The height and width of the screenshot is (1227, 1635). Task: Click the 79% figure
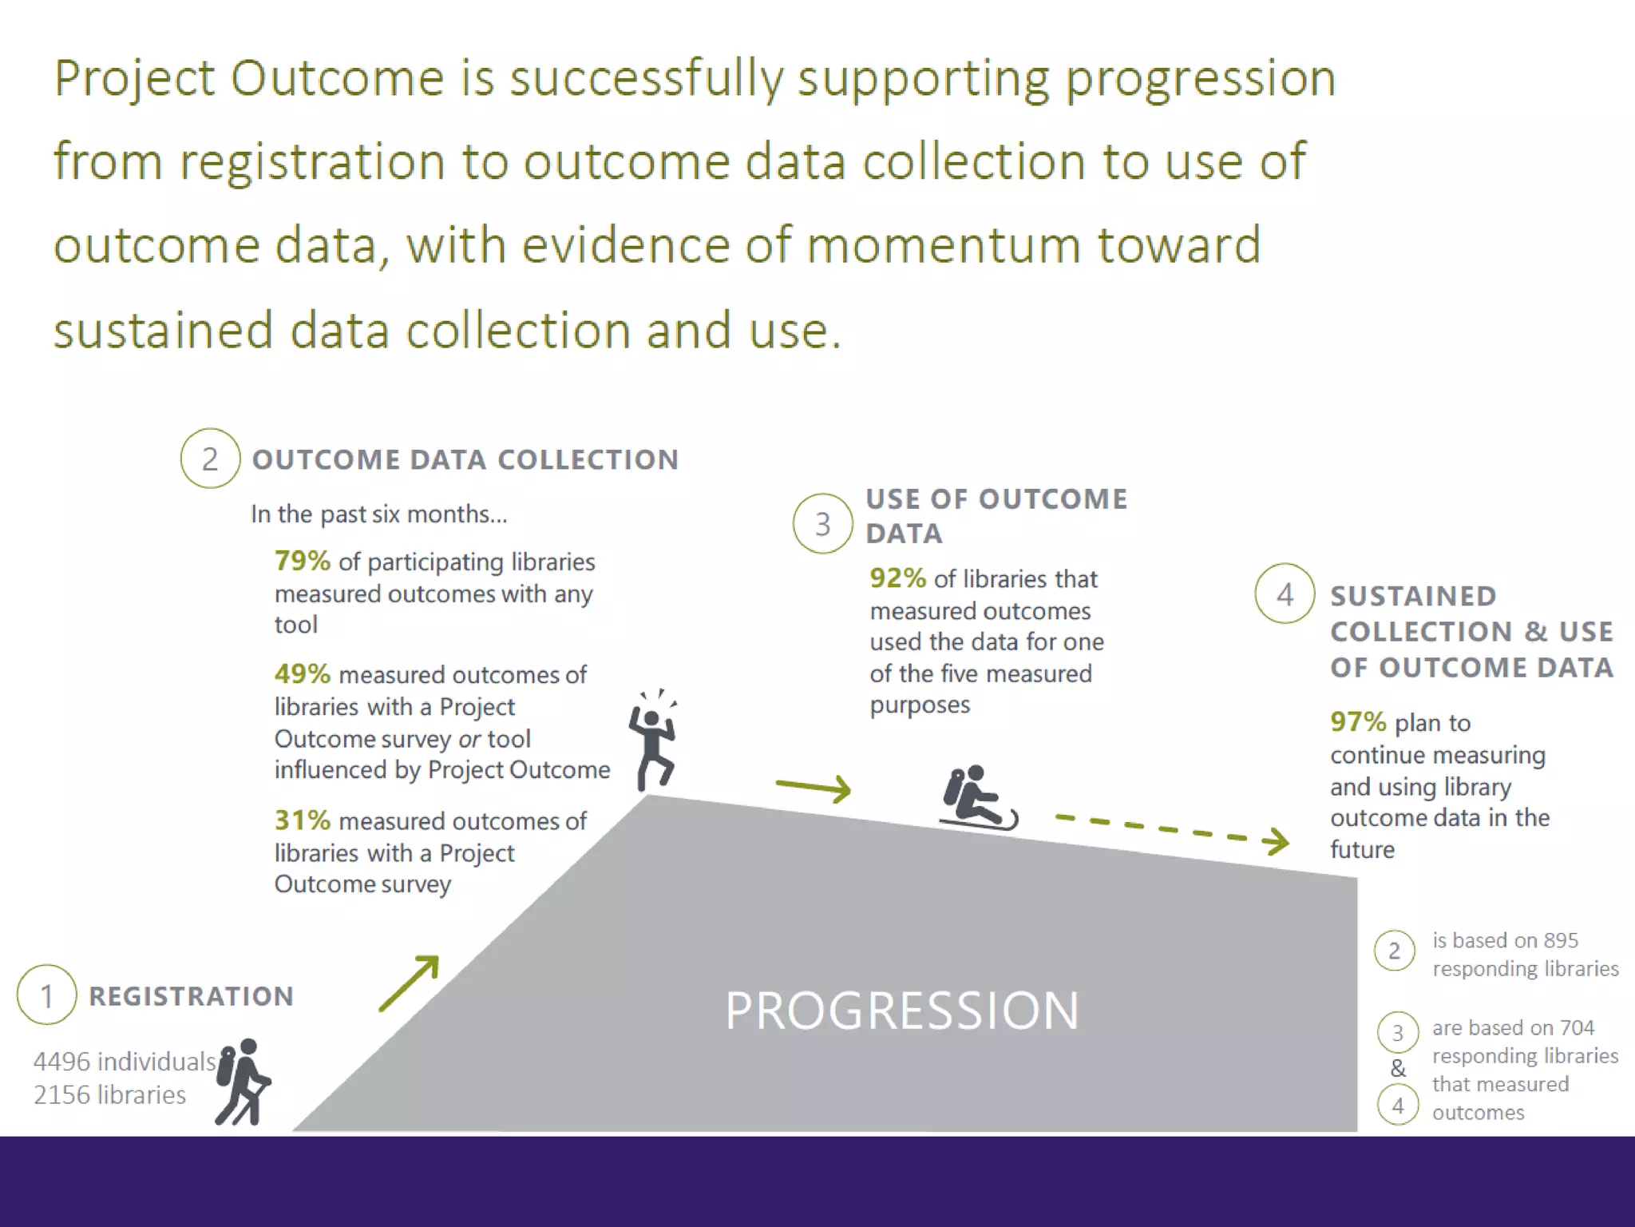point(302,561)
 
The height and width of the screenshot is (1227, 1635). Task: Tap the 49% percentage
point(302,673)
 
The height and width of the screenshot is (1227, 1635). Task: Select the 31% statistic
point(302,820)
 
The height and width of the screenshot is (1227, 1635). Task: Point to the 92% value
point(897,578)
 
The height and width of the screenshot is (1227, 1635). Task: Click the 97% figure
point(1357,721)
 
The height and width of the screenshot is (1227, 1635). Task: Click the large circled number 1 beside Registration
point(46,995)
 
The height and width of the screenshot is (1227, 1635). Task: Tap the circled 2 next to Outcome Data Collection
point(210,459)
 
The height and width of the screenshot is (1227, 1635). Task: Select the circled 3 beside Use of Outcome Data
point(822,524)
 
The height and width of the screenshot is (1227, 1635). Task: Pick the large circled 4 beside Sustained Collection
point(1285,594)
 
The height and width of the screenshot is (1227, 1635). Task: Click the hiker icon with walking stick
point(243,1082)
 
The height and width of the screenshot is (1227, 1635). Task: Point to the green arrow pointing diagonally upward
point(409,983)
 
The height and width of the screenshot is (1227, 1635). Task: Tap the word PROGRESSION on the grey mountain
point(901,1010)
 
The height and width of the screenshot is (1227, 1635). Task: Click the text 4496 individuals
point(125,1061)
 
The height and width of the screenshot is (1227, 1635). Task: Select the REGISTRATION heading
point(191,996)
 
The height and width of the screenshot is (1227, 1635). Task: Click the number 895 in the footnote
point(1560,940)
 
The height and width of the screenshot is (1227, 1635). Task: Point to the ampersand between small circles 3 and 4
point(1397,1068)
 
